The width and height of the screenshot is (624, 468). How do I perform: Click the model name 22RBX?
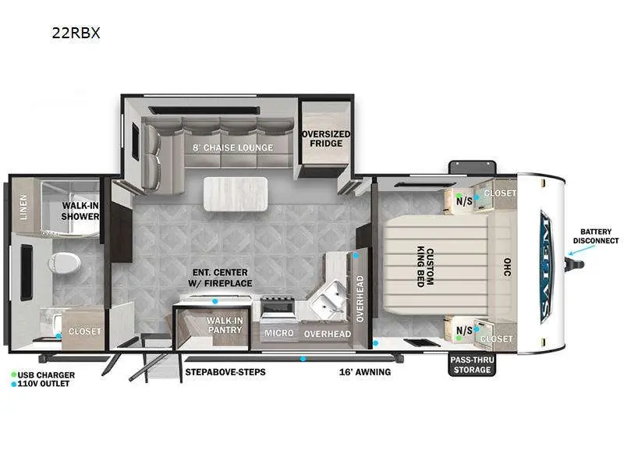click(76, 33)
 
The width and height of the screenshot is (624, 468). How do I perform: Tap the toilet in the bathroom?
click(64, 263)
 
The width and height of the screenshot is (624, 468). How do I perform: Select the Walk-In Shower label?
click(80, 211)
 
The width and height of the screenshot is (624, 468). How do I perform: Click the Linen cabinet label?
click(24, 207)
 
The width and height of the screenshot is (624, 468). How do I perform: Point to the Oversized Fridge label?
click(326, 139)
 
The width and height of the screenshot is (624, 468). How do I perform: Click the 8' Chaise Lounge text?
click(232, 147)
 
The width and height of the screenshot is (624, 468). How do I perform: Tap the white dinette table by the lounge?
click(236, 193)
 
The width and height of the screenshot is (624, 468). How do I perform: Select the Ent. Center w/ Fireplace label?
click(220, 278)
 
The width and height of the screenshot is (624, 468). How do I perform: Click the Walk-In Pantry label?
click(225, 324)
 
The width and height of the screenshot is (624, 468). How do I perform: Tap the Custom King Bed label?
click(425, 267)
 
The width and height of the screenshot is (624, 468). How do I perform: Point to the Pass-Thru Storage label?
click(472, 364)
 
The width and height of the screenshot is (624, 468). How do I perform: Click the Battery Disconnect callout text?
click(596, 236)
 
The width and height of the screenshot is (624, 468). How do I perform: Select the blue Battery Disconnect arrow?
click(582, 250)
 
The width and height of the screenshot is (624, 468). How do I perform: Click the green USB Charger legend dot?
click(13, 375)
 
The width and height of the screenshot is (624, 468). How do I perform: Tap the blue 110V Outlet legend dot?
click(13, 384)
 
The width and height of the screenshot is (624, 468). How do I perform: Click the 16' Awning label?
click(365, 372)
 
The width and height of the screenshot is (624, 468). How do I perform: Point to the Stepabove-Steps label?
click(225, 372)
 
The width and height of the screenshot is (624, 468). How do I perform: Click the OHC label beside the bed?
click(508, 267)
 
